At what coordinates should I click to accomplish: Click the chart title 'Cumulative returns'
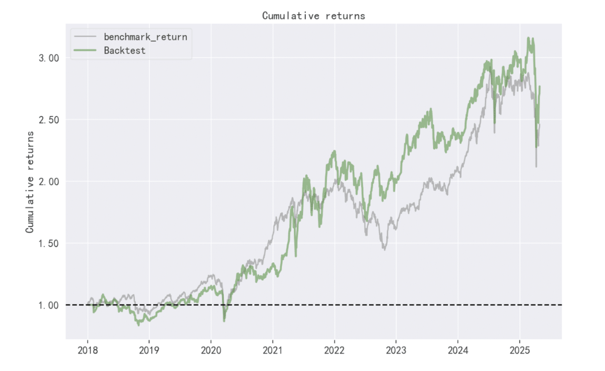[x=313, y=16]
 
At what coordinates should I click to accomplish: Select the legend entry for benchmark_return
[x=145, y=37]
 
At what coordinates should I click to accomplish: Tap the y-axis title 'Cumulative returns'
[x=30, y=182]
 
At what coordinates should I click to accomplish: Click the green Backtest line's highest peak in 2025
[x=528, y=38]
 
